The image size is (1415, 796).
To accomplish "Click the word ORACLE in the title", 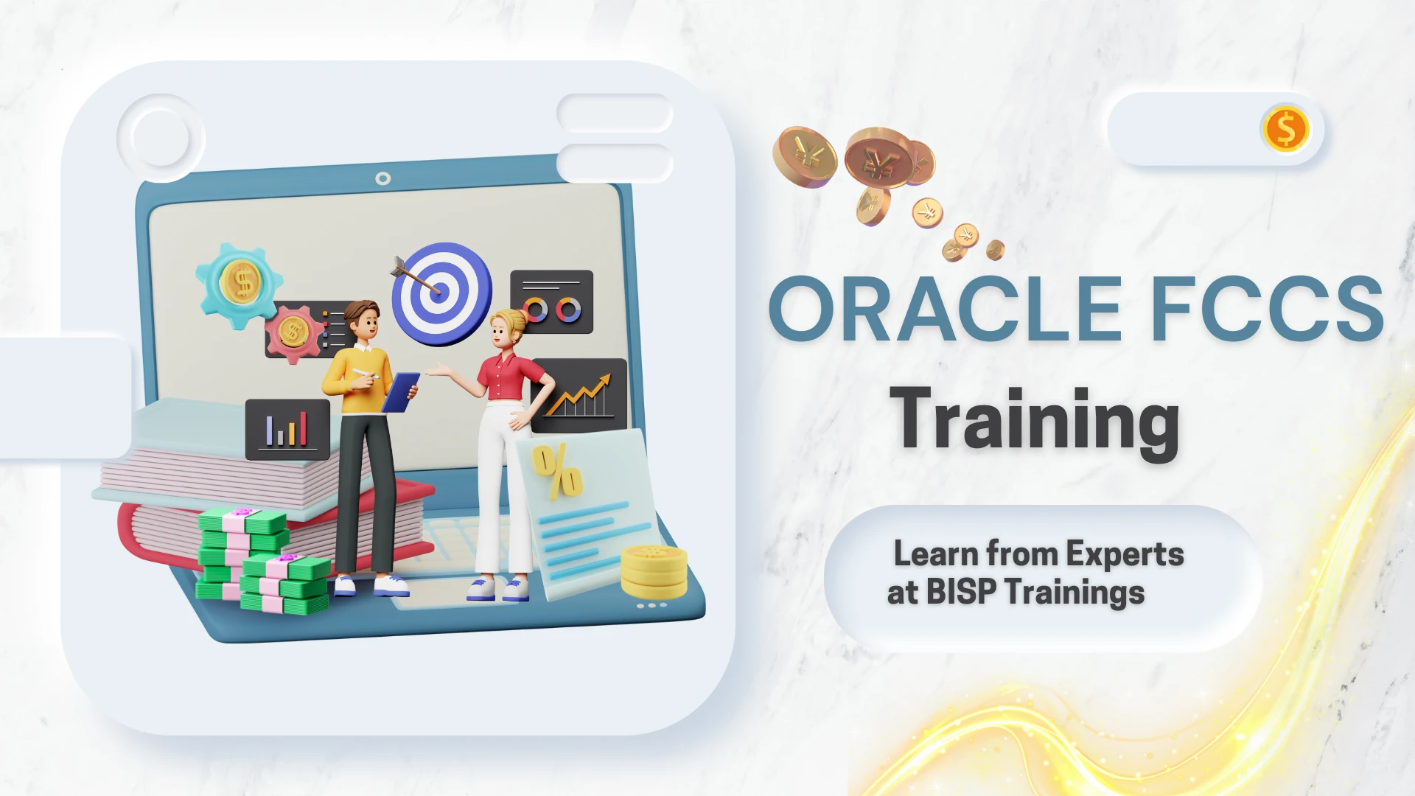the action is pos(946,310).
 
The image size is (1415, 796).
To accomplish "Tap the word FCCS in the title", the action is pos(1268,310).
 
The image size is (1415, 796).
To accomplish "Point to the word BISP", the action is pos(961,592).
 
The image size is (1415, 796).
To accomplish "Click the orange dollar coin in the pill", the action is pos(1285,129).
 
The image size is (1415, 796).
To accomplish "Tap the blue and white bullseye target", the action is pos(442,294).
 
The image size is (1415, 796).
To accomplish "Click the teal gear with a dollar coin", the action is pos(240,285).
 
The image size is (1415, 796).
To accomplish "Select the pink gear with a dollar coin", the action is pos(294,333).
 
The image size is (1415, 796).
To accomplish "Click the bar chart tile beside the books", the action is pos(287,430).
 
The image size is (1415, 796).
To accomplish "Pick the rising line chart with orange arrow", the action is pos(580,397).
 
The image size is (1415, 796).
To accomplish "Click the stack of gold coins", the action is pos(654,572).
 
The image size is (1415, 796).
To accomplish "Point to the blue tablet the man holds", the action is pos(401,393).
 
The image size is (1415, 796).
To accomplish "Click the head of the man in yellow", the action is pos(363,320).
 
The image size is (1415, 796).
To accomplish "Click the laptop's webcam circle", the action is pos(383,178).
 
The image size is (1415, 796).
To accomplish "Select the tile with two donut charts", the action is pos(552,301).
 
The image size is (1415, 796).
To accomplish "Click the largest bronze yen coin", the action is pos(881,158).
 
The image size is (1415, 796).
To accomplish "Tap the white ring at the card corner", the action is pos(161,138).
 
